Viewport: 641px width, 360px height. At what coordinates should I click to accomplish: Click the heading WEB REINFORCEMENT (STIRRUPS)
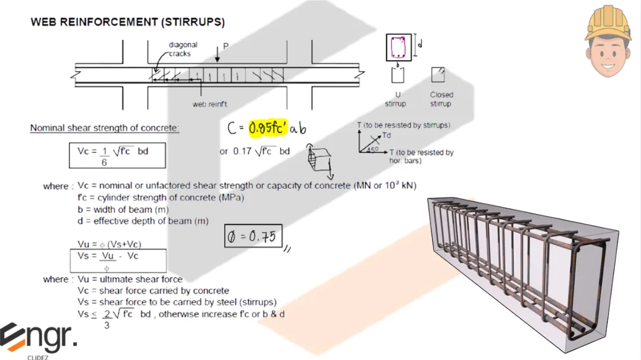[128, 22]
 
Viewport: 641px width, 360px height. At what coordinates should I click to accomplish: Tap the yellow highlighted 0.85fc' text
[269, 129]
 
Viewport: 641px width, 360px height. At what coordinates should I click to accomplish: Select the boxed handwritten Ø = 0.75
[253, 237]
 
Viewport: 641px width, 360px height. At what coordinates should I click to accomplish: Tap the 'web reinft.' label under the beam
[211, 104]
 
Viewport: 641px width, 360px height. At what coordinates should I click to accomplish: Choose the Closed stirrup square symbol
[438, 75]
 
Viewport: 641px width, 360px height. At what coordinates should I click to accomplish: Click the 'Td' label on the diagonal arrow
[386, 135]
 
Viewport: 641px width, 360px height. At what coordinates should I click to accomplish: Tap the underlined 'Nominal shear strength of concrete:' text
[104, 128]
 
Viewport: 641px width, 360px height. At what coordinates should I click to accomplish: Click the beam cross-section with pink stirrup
[398, 47]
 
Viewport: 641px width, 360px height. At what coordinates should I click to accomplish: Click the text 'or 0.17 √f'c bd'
[254, 151]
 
